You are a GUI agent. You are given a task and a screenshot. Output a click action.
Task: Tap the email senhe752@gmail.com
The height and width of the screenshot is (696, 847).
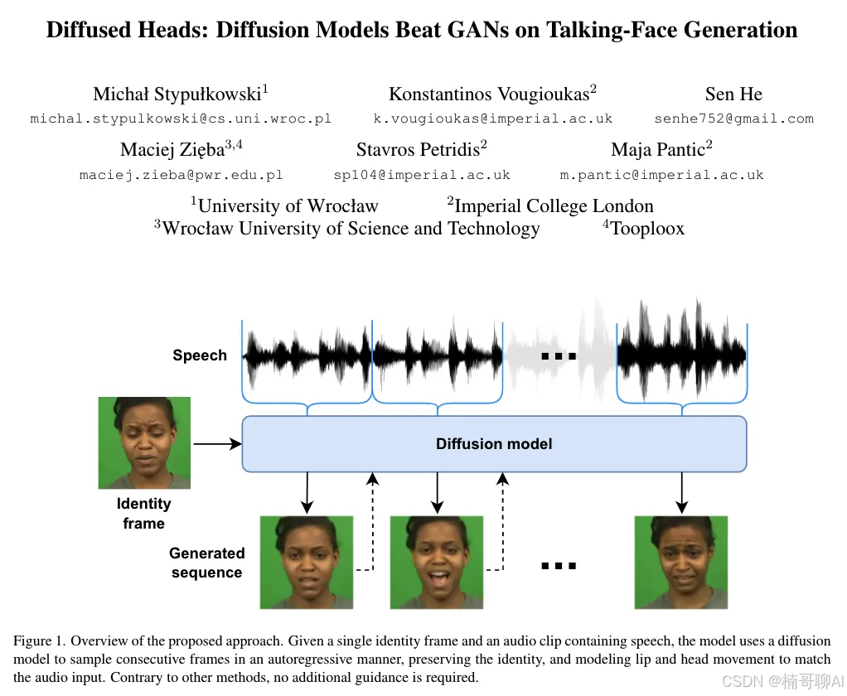[x=733, y=118]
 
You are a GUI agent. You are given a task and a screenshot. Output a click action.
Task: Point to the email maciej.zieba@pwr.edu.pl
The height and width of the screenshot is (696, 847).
[x=181, y=175]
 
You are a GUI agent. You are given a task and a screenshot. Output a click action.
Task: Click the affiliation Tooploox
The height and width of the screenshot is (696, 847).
[x=647, y=229]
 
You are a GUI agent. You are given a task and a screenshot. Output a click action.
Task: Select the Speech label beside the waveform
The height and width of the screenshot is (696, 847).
[x=200, y=355]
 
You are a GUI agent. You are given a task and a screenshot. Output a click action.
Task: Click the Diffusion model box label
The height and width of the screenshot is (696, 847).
[x=494, y=444]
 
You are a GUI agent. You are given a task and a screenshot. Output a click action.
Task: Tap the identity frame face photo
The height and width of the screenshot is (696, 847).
[x=144, y=442]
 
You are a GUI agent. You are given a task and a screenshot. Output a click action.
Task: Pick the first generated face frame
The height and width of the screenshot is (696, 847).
[x=307, y=562]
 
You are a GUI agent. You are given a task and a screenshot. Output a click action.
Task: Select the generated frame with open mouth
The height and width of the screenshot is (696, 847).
[x=436, y=562]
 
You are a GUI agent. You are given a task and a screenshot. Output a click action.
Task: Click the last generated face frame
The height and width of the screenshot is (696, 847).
[x=681, y=562]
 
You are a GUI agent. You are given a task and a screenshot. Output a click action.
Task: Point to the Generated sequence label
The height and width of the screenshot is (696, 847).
[x=207, y=563]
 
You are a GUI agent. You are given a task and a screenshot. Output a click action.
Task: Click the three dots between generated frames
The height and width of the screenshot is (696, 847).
[x=558, y=566]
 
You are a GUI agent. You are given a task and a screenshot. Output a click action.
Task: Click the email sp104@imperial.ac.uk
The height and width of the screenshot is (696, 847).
[x=422, y=175]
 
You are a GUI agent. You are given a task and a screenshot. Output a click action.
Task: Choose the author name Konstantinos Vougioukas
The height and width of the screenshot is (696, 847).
[x=488, y=94]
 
